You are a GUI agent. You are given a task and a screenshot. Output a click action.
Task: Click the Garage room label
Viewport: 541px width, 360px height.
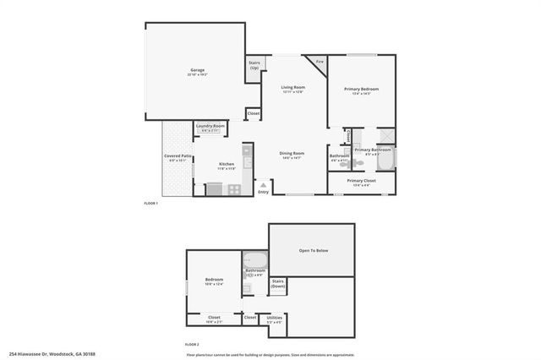pyautogui.click(x=197, y=70)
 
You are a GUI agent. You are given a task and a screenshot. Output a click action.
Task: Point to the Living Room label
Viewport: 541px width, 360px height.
pyautogui.click(x=293, y=87)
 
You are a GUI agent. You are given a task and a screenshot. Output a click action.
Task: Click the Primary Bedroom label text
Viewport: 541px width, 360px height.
pyautogui.click(x=361, y=89)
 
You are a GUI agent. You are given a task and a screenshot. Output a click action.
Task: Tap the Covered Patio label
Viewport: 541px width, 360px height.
pyautogui.click(x=178, y=156)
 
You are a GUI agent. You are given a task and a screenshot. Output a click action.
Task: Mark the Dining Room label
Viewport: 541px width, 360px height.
pyautogui.click(x=292, y=153)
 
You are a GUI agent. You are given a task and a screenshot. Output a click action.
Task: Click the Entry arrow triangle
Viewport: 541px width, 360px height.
pyautogui.click(x=264, y=183)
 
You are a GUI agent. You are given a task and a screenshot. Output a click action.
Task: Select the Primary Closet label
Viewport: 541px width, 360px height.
pyautogui.click(x=361, y=181)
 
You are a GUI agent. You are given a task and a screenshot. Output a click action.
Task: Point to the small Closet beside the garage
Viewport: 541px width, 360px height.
pyautogui.click(x=254, y=113)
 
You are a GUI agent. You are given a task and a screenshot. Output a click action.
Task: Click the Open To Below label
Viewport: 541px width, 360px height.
pyautogui.click(x=312, y=250)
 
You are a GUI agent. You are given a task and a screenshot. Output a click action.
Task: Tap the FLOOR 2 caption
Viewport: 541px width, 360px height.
pyautogui.click(x=192, y=344)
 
